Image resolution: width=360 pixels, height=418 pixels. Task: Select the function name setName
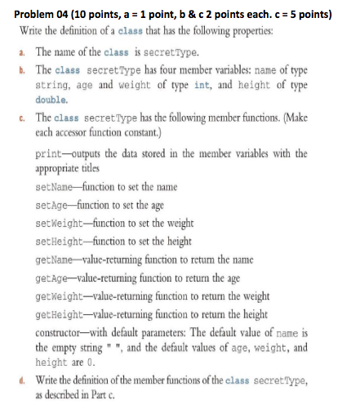pos(56,187)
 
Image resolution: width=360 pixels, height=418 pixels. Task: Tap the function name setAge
pos(53,204)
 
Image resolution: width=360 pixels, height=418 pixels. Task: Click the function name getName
pos(56,256)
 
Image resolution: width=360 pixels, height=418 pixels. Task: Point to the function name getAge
pos(53,273)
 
